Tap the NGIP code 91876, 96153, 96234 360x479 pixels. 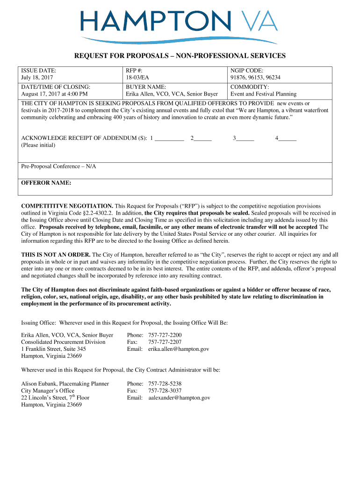coord(255,78)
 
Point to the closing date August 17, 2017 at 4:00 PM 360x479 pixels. coord(55,94)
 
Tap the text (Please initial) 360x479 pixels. coord(38,145)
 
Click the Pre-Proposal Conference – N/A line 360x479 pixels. coord(59,167)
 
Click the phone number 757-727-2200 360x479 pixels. coord(165,335)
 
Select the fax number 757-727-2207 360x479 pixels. coord(165,342)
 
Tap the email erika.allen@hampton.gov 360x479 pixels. coord(179,349)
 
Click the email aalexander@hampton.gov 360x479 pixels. coord(179,398)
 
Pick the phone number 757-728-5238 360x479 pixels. coord(165,384)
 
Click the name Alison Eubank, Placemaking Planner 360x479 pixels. coord(65,384)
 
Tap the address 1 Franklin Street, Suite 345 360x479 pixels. coord(54,349)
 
